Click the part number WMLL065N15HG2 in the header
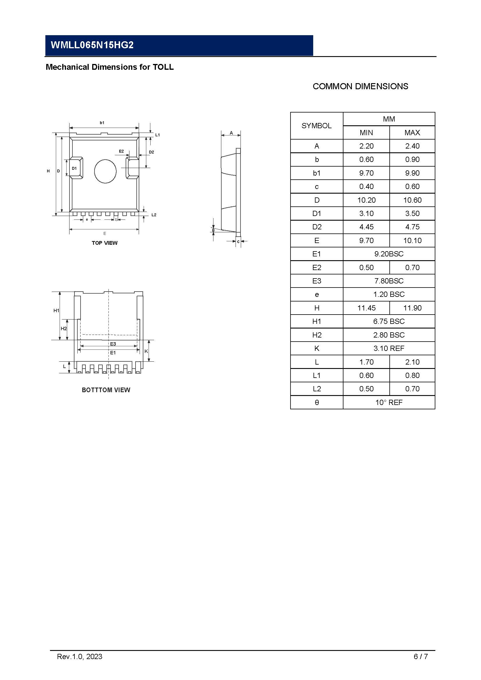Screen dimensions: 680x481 (x=92, y=45)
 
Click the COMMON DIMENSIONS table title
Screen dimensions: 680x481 (x=360, y=86)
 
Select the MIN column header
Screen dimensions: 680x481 (x=366, y=133)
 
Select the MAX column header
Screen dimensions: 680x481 (x=412, y=133)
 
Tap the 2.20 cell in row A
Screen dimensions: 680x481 (x=366, y=146)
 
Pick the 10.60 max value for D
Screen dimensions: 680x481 (x=412, y=200)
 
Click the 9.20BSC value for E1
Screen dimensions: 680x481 (x=389, y=254)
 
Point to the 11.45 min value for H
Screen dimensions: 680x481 (x=366, y=308)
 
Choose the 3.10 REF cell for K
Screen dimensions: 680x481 (x=389, y=349)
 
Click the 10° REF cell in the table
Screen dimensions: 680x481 (x=389, y=402)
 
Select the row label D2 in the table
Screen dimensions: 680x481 (x=317, y=227)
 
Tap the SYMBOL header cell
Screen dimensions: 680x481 (x=316, y=126)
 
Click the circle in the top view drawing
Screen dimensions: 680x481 (x=105, y=172)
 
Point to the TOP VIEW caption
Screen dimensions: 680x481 (x=105, y=243)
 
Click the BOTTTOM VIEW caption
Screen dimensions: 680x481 (x=106, y=390)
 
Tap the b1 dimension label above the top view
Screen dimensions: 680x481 (x=102, y=123)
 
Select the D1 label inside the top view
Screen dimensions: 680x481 (x=74, y=168)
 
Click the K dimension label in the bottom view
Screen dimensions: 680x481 (x=146, y=351)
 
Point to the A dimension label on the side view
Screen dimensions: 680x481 (x=231, y=133)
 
